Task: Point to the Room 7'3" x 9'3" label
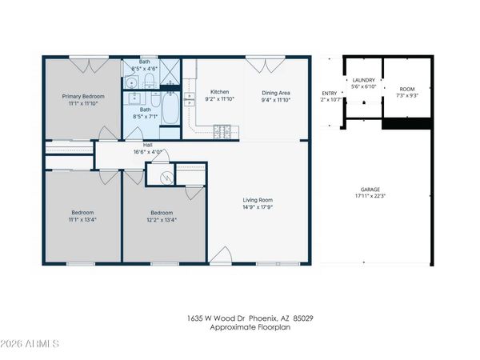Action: click(x=408, y=92)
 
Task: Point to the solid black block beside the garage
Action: click(x=408, y=122)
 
